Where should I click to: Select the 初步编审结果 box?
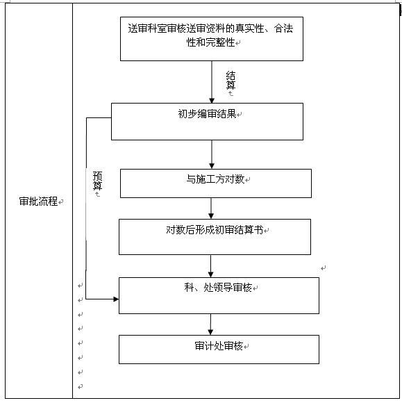tap(207, 122)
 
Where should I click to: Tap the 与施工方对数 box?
tap(215, 183)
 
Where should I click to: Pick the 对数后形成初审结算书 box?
tap(214, 236)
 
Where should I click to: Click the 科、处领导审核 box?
tap(219, 295)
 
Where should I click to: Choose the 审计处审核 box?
tap(219, 349)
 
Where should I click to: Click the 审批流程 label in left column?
tap(38, 201)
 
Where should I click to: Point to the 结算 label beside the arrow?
tap(231, 81)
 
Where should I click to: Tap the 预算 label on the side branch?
tap(98, 181)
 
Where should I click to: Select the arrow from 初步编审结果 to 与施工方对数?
tap(212, 154)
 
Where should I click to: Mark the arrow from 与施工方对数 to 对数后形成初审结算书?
tap(212, 208)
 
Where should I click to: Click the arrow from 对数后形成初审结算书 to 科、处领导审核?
tap(211, 265)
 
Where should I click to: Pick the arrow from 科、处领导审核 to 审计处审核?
tap(211, 324)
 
